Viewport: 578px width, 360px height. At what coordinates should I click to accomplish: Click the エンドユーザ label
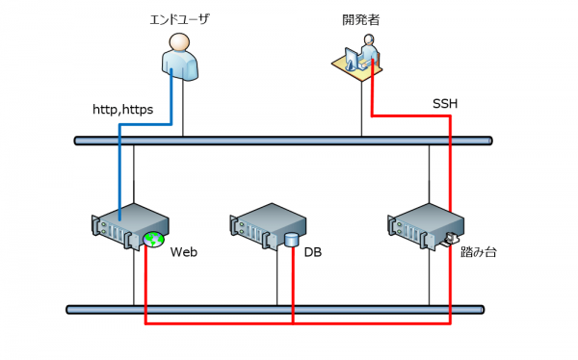coord(179,19)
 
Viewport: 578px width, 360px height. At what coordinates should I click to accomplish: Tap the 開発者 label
coord(361,19)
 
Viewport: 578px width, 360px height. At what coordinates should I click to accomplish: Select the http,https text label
coord(122,110)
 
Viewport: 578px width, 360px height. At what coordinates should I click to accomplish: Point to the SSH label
coord(445,104)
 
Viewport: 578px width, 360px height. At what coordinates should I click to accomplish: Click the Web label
coord(184,252)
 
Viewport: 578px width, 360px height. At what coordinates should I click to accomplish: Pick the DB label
coord(312,252)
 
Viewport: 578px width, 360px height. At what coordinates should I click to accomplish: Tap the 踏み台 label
coord(479,252)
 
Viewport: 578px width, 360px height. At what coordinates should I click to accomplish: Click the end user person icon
coord(180,57)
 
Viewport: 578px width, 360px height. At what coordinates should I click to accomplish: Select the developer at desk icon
coord(356,56)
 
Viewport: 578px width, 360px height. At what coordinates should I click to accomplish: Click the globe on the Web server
coord(153,240)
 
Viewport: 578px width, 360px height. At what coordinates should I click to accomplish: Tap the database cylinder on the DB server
coord(291,240)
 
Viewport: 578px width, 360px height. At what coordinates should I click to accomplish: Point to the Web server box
coord(130,226)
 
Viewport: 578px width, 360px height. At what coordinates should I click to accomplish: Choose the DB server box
coord(268,226)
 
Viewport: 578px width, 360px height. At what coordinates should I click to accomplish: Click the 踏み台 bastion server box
coord(426,226)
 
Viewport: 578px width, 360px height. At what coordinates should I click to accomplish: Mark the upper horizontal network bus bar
coord(283,141)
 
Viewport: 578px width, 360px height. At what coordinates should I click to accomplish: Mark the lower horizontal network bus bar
coord(275,310)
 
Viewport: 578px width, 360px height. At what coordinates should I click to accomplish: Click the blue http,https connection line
coord(145,124)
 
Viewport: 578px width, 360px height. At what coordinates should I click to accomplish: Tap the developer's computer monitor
coord(351,58)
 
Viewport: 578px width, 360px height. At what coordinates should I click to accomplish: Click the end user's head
coord(179,41)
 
